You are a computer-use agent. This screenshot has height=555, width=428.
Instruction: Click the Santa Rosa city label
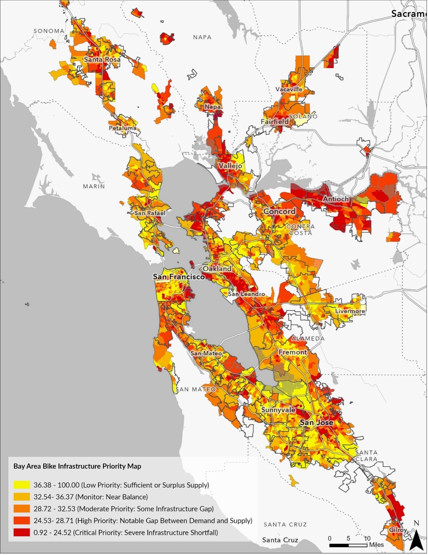(102, 60)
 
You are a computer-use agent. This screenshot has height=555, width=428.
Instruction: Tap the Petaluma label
(123, 128)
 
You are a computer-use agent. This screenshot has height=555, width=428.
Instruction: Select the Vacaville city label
(289, 89)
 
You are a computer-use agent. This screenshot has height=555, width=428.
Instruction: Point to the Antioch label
(336, 199)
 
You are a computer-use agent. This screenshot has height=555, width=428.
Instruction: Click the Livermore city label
(350, 312)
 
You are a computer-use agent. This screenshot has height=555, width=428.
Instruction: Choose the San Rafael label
(150, 214)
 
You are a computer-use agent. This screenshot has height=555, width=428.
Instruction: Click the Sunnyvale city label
(279, 410)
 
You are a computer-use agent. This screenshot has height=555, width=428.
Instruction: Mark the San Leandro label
(247, 295)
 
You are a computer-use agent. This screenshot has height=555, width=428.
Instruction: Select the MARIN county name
(94, 187)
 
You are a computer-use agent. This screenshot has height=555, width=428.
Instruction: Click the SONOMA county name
(49, 31)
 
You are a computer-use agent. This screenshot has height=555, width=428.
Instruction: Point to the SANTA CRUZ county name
(286, 525)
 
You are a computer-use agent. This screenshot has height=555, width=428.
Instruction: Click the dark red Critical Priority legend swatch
(21, 533)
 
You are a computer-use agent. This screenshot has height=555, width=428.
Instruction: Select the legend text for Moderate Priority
(124, 509)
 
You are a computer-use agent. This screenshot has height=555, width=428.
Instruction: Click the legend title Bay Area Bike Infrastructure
(77, 467)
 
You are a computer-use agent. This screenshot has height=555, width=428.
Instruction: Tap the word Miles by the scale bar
(377, 545)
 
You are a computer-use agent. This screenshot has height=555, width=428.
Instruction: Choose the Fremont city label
(293, 353)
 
